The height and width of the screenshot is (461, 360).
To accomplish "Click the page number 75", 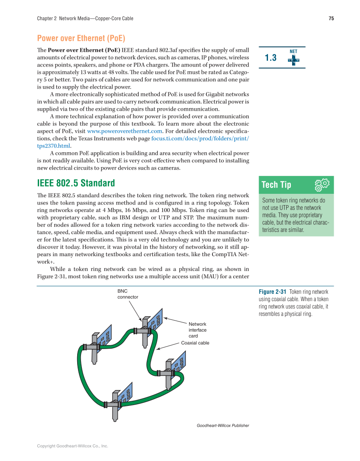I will (x=331, y=19).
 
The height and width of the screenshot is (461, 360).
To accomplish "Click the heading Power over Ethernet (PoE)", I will (x=81, y=39).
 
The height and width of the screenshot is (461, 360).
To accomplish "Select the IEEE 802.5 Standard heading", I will (x=76, y=183).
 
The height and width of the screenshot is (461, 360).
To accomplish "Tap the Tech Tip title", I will (x=276, y=185).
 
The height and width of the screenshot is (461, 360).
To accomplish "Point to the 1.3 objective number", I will (x=271, y=58).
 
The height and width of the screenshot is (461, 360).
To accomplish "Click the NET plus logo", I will (x=293, y=59).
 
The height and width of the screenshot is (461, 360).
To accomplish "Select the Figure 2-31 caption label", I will (x=273, y=292).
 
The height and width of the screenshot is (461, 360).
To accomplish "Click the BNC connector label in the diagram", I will (x=128, y=294).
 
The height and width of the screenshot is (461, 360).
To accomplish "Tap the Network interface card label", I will (x=198, y=330).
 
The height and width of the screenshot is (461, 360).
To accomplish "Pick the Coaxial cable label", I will (x=195, y=343).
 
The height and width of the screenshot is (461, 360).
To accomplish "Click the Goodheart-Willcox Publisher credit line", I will (x=223, y=425).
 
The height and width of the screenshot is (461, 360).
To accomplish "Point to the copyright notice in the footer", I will (x=73, y=446).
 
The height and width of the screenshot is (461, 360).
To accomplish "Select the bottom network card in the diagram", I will (x=120, y=401).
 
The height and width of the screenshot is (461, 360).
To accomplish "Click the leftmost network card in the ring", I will (x=99, y=344).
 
